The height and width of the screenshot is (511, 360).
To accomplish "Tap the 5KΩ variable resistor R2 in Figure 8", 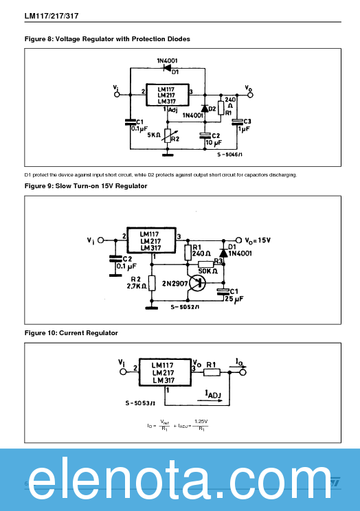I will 167,134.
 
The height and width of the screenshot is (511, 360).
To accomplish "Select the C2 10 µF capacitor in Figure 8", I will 204,135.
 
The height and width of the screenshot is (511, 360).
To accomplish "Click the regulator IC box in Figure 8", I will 167,95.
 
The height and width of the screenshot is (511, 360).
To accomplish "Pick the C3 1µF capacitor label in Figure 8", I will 244,124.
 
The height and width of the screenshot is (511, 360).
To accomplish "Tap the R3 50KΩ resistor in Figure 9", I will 205,264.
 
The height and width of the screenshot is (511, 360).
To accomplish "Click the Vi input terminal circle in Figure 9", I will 101,240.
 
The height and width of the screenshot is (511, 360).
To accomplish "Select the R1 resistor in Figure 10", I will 212,372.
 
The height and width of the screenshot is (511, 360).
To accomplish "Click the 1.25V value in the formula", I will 201,421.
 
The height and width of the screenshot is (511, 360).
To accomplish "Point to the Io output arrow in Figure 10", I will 240,368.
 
